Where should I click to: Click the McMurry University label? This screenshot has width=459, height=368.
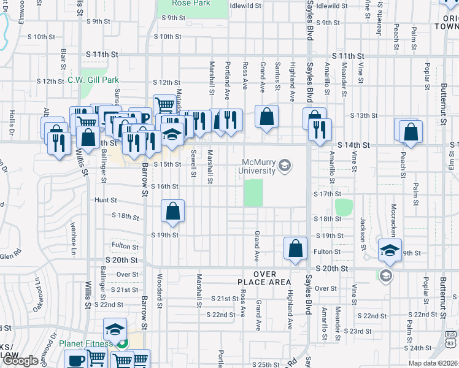260,166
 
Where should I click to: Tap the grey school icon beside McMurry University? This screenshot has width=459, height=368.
285,165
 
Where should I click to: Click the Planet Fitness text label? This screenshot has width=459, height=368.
86,343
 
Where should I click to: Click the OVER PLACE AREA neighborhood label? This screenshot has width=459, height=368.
264,278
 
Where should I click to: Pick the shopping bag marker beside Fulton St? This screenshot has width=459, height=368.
295,248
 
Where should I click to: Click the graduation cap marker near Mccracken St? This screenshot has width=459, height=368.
390,250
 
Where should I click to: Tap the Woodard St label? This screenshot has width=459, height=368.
160,291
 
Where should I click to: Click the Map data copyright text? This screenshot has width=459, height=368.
433,363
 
